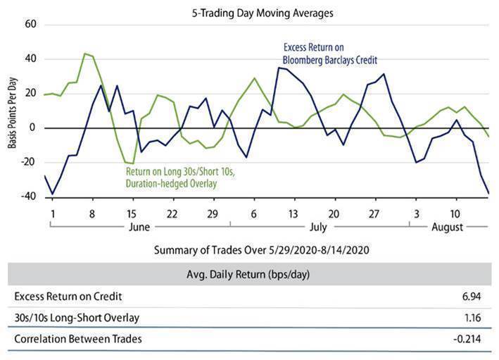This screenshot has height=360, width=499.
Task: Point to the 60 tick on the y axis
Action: click(x=30, y=24)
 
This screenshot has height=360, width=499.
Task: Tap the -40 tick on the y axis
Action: click(x=29, y=197)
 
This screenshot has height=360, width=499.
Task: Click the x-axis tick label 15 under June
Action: click(x=132, y=212)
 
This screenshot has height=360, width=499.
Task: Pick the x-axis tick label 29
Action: click(x=212, y=212)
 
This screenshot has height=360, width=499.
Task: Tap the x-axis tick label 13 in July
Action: click(x=293, y=212)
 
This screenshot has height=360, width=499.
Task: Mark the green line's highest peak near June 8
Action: click(x=85, y=54)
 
